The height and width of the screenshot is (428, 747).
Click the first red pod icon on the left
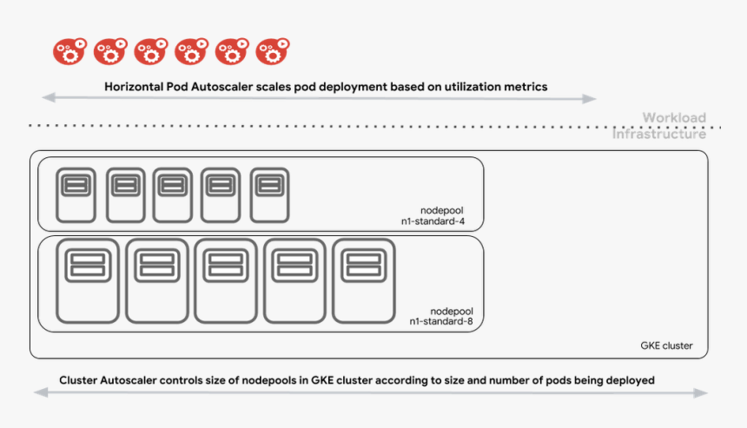pyautogui.click(x=69, y=52)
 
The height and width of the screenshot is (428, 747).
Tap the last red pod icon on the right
pyautogui.click(x=273, y=52)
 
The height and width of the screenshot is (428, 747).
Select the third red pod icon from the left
pyautogui.click(x=151, y=52)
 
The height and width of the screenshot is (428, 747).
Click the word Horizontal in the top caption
pyautogui.click(x=135, y=87)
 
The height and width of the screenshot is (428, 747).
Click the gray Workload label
pyautogui.click(x=674, y=117)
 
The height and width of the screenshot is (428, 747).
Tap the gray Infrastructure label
pyautogui.click(x=659, y=135)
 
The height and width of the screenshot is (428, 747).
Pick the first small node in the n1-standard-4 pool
pyautogui.click(x=76, y=195)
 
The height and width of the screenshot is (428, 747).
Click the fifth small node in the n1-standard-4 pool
pyautogui.click(x=269, y=195)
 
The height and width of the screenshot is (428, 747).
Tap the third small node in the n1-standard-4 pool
pyautogui.click(x=172, y=195)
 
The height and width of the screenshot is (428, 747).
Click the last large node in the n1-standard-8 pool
pyautogui.click(x=364, y=281)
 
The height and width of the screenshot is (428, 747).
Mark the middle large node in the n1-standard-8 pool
pyautogui.click(x=225, y=281)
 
